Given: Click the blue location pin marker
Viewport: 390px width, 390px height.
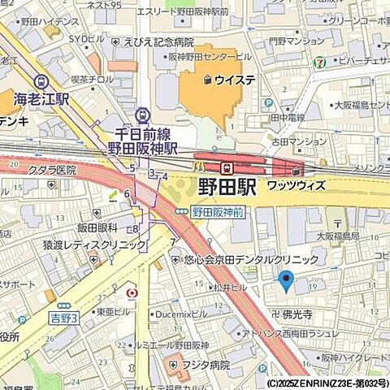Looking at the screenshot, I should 285,281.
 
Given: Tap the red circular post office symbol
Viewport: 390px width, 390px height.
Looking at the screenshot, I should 132,291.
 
